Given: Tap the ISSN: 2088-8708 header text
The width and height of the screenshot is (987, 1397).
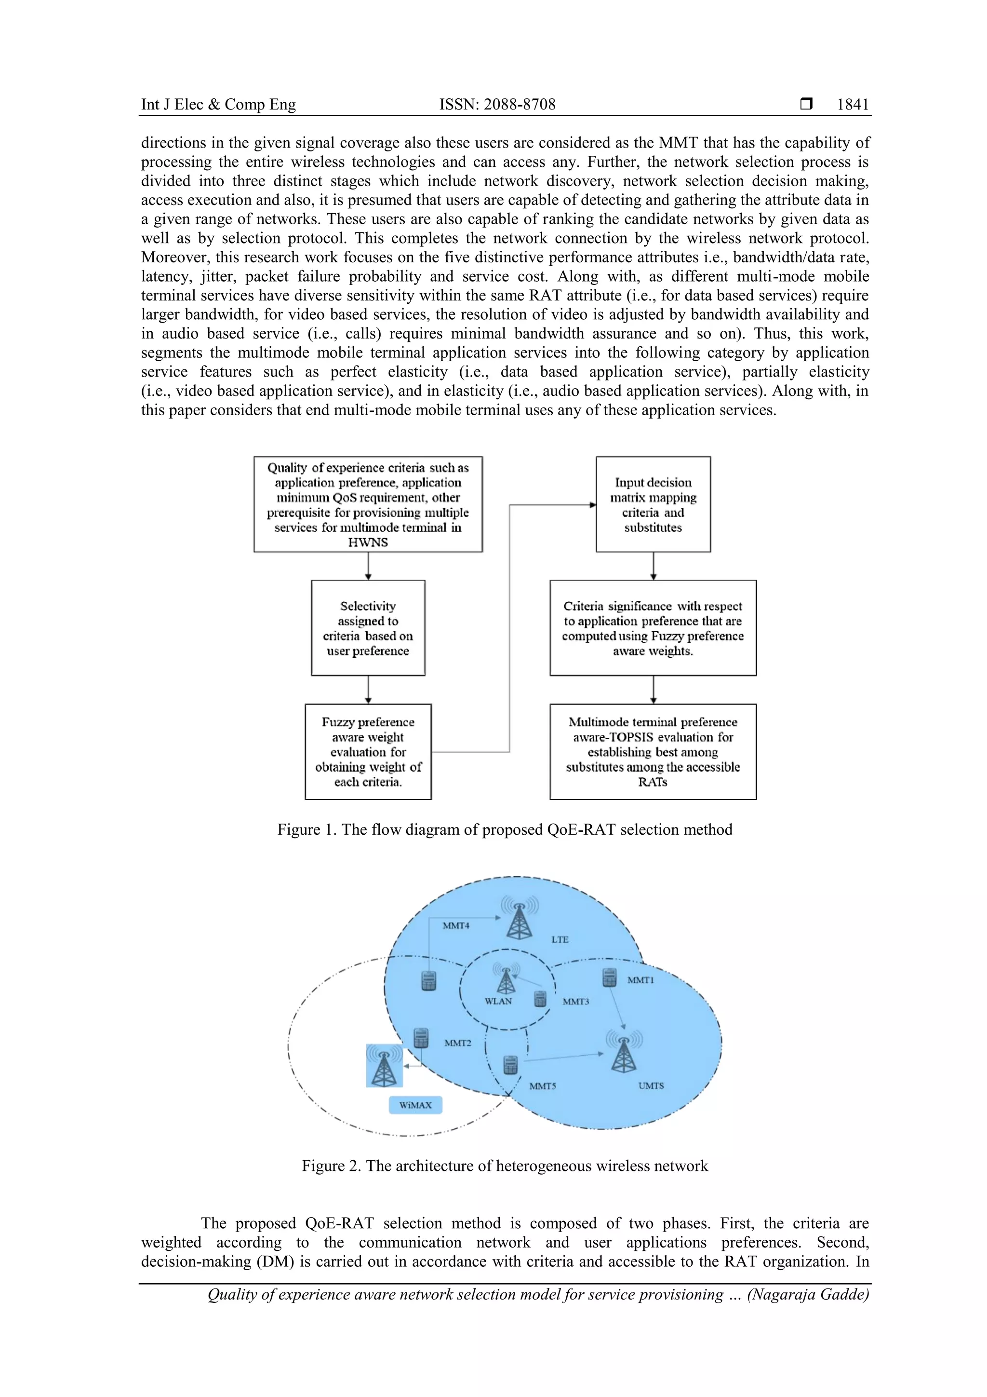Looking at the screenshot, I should pyautogui.click(x=497, y=105).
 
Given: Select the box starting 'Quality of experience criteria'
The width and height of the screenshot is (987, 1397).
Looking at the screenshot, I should pyautogui.click(x=368, y=504).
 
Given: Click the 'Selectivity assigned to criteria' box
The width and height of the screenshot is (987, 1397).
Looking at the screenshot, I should pyautogui.click(x=368, y=628).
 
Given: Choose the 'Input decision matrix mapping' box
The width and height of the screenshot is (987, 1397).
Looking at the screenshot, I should pyautogui.click(x=653, y=504).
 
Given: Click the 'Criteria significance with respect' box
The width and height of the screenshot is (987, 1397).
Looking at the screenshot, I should pyautogui.click(x=653, y=628).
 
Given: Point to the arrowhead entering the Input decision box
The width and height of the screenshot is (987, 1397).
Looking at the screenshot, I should pyautogui.click(x=592, y=504).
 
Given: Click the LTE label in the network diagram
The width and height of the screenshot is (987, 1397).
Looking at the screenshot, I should pyautogui.click(x=560, y=939).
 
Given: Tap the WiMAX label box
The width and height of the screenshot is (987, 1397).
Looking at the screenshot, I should pyautogui.click(x=415, y=1105).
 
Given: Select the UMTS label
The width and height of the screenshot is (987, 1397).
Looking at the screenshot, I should pyautogui.click(x=651, y=1085).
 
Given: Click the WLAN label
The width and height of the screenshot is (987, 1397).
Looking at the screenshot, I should pyautogui.click(x=498, y=1001).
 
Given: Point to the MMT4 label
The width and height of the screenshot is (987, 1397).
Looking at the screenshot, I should pyautogui.click(x=455, y=926).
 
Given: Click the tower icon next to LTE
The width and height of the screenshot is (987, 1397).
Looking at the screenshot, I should pyautogui.click(x=520, y=919).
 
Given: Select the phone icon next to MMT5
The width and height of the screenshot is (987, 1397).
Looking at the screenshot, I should pyautogui.click(x=510, y=1065).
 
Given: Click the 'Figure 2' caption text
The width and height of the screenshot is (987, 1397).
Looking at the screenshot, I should pyautogui.click(x=505, y=1166).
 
